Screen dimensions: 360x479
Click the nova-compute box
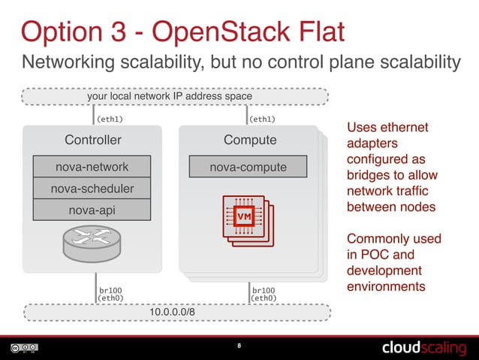click(x=248, y=167)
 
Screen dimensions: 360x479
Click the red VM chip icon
click(x=243, y=216)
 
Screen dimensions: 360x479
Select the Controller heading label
click(x=92, y=140)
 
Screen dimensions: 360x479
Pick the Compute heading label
click(x=250, y=140)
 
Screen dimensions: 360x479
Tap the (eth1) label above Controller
click(x=109, y=118)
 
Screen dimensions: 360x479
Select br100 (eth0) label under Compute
click(x=264, y=293)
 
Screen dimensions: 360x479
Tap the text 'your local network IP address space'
click(x=170, y=96)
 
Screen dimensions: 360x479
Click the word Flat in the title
click(x=309, y=32)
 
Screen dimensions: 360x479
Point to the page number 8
click(x=239, y=346)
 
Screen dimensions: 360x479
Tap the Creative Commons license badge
click(x=24, y=348)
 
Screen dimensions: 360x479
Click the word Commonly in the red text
click(x=378, y=239)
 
